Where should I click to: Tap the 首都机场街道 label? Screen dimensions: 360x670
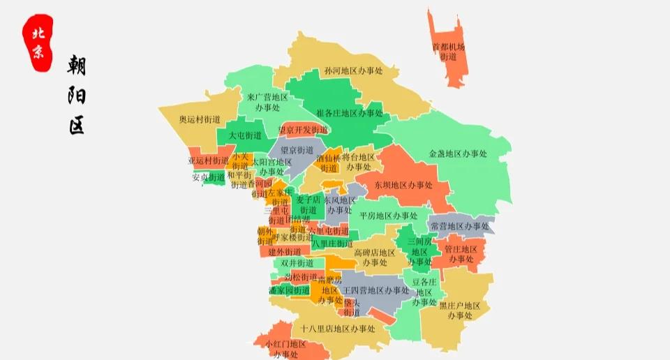tap(448, 52)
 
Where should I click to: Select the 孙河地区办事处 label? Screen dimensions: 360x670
tap(354, 71)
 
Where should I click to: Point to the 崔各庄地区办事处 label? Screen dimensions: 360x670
tap(350, 113)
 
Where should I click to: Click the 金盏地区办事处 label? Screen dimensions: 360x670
tap(458, 153)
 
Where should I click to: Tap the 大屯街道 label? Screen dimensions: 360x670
tap(245, 135)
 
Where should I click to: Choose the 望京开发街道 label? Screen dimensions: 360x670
tap(302, 130)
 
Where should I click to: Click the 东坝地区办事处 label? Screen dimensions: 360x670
tap(403, 186)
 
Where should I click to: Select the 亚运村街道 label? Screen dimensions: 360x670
tap(208, 161)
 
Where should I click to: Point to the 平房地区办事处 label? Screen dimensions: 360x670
tap(388, 216)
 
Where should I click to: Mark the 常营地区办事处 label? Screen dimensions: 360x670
tap(459, 226)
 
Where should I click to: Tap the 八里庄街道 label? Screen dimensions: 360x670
tap(332, 243)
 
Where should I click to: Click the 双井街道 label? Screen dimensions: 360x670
tap(297, 263)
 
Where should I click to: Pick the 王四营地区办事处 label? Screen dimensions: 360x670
tap(376, 290)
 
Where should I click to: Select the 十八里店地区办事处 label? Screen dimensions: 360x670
tap(338, 328)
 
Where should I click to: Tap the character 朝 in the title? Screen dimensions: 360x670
tap(76, 66)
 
